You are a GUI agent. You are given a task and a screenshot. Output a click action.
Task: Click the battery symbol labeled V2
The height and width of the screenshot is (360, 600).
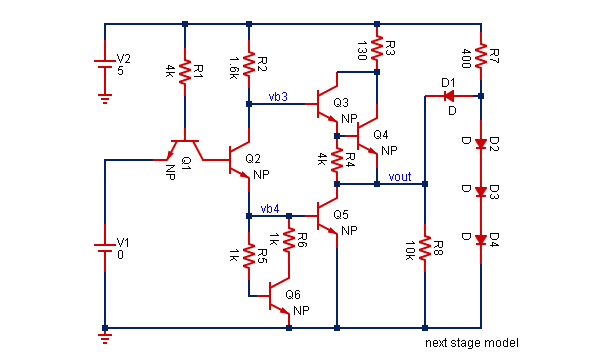[105, 63]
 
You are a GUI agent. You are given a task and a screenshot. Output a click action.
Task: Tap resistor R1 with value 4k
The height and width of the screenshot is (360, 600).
[185, 72]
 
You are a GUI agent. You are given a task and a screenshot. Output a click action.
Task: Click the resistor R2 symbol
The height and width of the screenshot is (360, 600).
[248, 66]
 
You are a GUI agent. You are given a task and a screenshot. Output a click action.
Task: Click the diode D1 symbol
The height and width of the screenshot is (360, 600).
[447, 96]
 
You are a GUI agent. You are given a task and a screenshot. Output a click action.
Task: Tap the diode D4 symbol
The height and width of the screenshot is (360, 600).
[481, 238]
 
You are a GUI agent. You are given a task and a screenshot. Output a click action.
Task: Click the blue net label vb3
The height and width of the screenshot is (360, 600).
[278, 97]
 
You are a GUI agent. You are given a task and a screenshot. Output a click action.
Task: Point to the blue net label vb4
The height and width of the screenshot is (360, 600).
[269, 208]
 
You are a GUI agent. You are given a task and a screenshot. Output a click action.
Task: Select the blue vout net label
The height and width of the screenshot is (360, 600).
[398, 177]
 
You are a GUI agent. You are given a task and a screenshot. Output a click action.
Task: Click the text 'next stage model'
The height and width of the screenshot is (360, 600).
[470, 342]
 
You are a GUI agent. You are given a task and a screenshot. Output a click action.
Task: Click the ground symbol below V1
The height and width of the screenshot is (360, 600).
[105, 338]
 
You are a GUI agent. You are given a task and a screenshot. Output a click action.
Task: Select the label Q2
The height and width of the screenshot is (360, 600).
[252, 158]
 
